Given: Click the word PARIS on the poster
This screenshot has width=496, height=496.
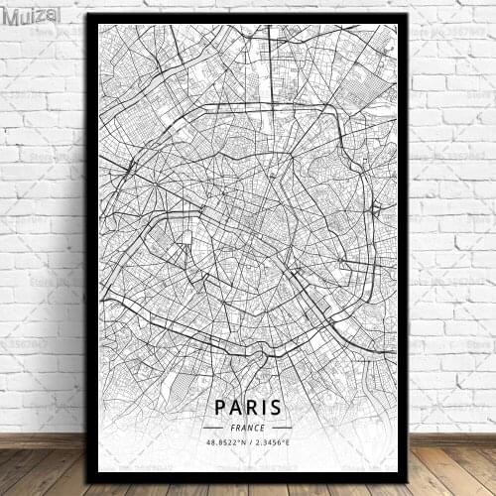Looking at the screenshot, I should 247,407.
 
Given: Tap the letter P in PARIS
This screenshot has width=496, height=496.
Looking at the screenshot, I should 218,407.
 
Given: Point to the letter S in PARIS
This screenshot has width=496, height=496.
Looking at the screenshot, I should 276,407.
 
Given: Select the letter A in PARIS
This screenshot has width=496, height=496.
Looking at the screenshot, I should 233,407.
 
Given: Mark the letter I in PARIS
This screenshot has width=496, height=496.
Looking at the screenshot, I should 263,407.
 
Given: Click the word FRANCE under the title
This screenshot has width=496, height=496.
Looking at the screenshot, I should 247,427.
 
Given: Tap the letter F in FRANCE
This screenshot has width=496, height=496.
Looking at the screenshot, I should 231,427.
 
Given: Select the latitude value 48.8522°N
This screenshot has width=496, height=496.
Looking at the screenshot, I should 224,441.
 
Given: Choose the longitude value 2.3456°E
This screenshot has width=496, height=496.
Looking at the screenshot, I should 272,441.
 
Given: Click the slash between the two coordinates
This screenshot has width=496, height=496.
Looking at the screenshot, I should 248,441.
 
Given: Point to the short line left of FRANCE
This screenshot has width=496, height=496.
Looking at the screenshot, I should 213,427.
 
